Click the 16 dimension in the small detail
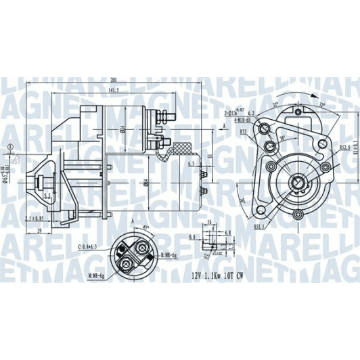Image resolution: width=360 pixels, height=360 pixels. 210,222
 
